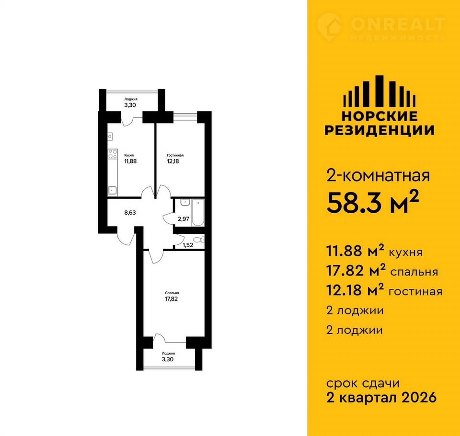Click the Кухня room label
click(x=129, y=155)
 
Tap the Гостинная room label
click(x=175, y=155)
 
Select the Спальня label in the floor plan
click(x=172, y=293)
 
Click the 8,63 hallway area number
click(x=130, y=212)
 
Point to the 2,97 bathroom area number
click(x=184, y=218)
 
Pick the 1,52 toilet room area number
click(x=188, y=245)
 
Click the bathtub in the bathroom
click(x=198, y=212)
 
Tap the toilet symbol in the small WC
click(x=199, y=240)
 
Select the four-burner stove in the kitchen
click(x=113, y=154)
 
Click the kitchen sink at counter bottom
click(x=112, y=191)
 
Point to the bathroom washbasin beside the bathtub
click(x=184, y=202)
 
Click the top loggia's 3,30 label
click(x=130, y=105)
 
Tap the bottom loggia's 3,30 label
click(x=168, y=359)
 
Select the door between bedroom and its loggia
click(x=160, y=338)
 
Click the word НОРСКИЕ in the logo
click(x=379, y=116)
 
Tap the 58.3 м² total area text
click(x=372, y=202)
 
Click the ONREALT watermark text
click(x=398, y=24)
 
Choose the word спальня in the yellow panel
click(x=414, y=272)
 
